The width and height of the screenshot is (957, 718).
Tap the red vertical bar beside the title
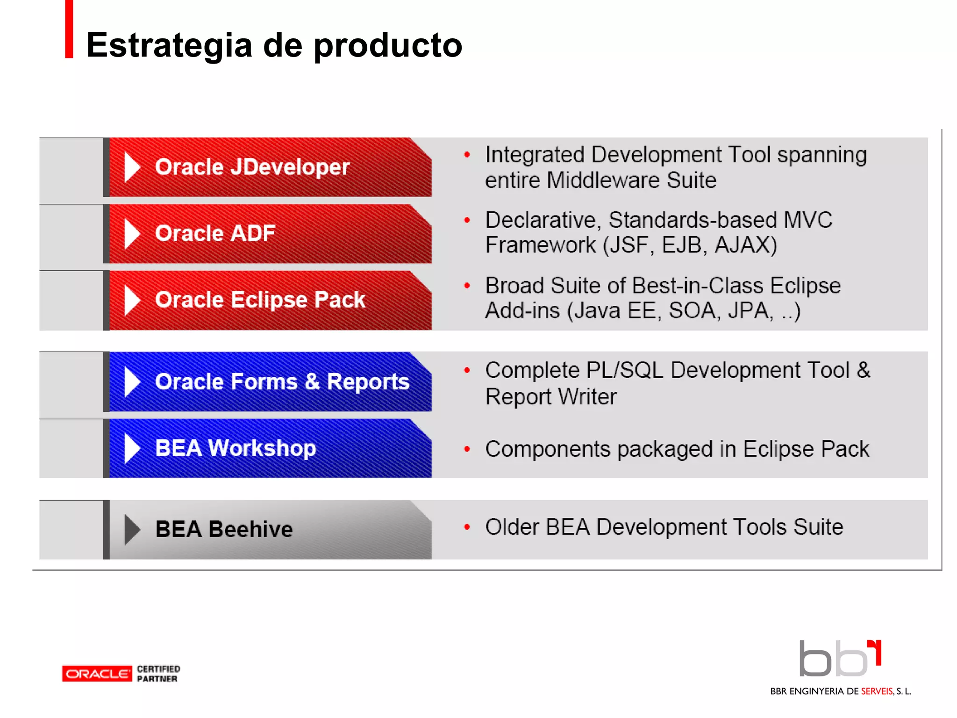[x=69, y=29]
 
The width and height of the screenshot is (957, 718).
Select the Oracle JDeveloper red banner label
[x=252, y=167]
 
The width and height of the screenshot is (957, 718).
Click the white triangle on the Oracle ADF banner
[x=132, y=234]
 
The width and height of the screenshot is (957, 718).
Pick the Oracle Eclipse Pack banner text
[x=260, y=300]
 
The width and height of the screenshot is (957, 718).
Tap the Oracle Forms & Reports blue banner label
[x=282, y=382]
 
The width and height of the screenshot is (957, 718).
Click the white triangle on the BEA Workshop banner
[x=132, y=448]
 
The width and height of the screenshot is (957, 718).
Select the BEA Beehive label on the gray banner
[x=224, y=530]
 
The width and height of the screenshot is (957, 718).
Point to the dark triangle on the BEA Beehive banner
[x=132, y=530]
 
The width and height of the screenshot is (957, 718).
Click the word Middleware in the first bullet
[x=603, y=180]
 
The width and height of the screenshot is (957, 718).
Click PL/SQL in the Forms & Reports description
[x=624, y=371]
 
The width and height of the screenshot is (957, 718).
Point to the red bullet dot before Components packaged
[x=466, y=449]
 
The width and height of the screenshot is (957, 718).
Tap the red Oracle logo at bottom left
[x=97, y=674]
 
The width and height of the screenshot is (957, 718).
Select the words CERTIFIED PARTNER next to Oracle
[x=158, y=674]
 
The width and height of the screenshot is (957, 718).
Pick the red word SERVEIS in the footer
[x=877, y=691]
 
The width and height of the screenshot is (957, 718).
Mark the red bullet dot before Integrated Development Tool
[x=466, y=155]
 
